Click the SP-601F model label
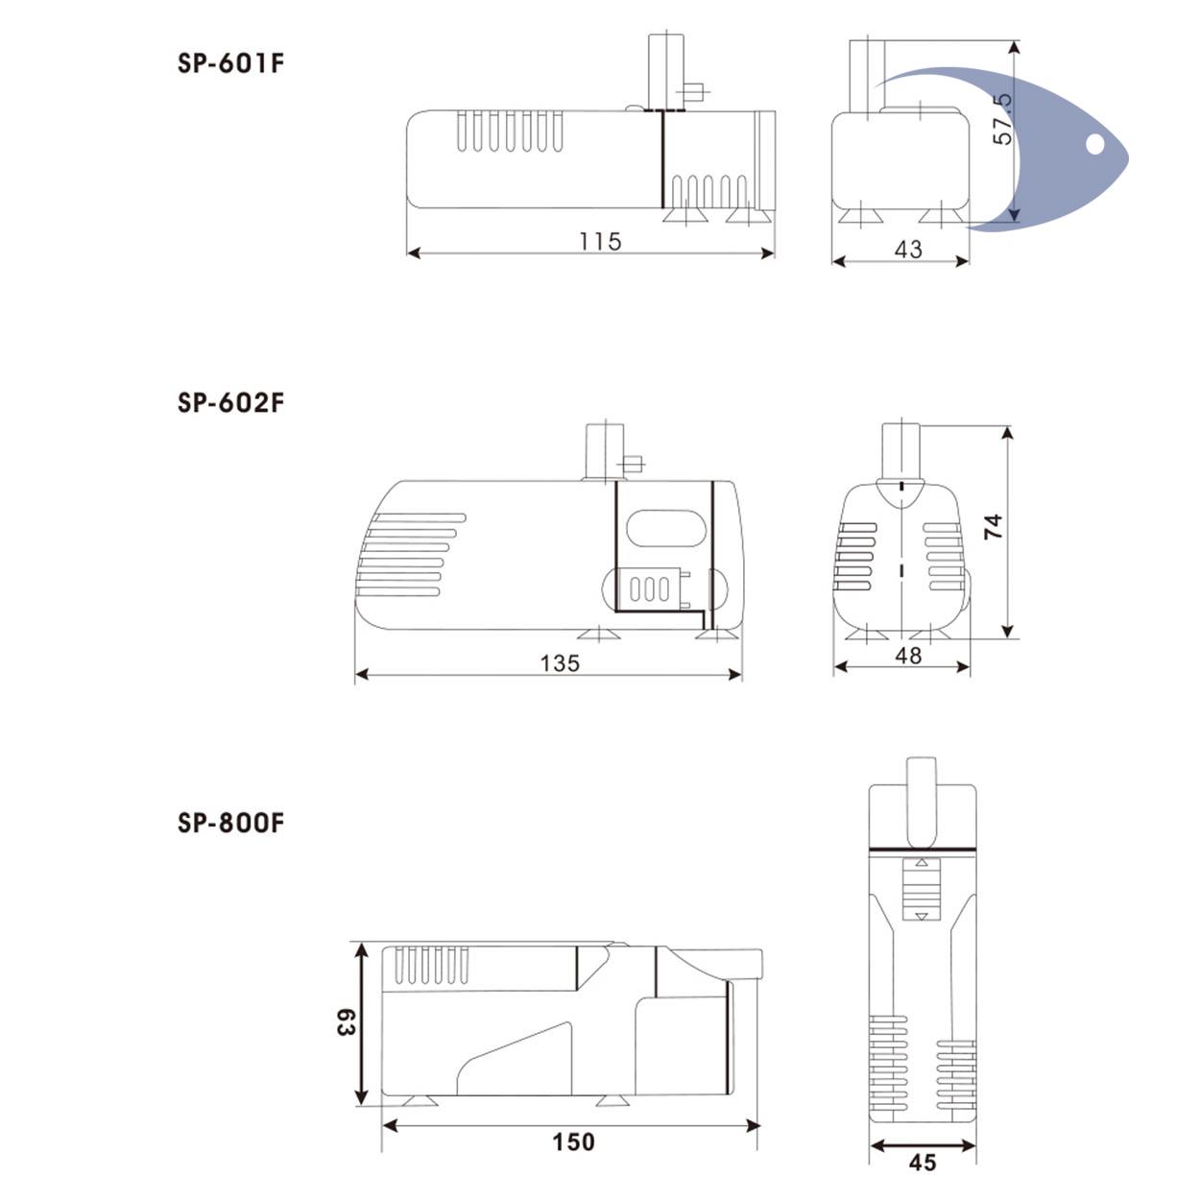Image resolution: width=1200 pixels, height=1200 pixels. coord(230,63)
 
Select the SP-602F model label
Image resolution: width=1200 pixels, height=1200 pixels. coord(230,402)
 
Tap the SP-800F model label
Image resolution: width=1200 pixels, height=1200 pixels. coord(230,822)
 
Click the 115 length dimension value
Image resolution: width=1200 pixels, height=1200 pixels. coord(600,242)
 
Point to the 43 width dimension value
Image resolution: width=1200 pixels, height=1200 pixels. coord(908,250)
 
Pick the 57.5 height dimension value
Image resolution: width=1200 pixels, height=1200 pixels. coord(1002,120)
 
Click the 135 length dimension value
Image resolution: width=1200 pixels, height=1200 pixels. coord(560,663)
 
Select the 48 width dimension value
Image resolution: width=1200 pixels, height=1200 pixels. coord(908,656)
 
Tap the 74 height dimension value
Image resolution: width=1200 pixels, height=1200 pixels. coord(993,527)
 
